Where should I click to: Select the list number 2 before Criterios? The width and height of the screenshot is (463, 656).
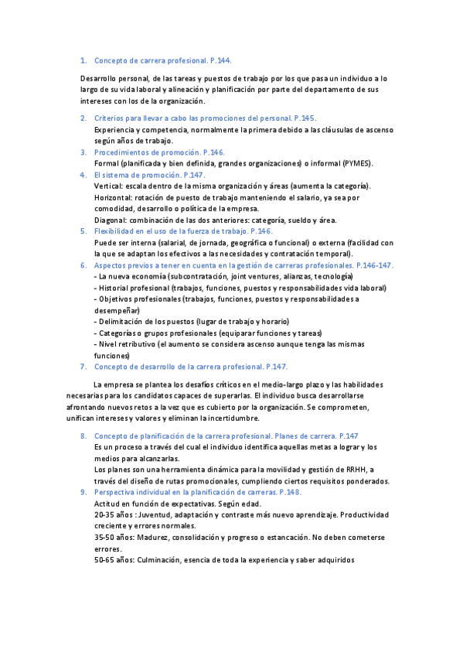[83, 118]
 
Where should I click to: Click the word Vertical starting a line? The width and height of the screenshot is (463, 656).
[108, 186]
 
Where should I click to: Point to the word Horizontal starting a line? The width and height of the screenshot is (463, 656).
[113, 197]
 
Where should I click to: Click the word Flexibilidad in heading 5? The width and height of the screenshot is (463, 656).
[117, 231]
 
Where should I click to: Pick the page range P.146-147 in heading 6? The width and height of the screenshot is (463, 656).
[375, 265]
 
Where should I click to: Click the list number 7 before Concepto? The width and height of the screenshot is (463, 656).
[83, 367]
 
